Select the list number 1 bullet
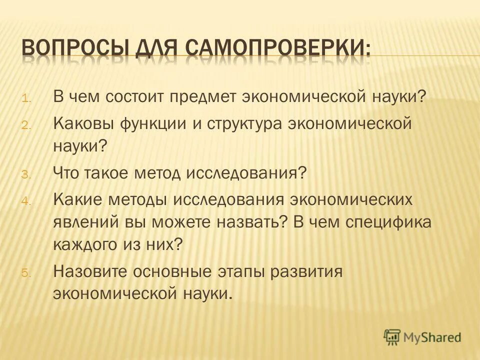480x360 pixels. pyautogui.click(x=26, y=98)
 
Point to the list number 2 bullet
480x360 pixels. pyautogui.click(x=26, y=125)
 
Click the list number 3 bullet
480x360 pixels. pyautogui.click(x=26, y=174)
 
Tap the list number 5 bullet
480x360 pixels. pyautogui.click(x=26, y=273)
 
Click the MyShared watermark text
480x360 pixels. pyautogui.click(x=433, y=337)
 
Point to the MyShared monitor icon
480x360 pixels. pyautogui.click(x=392, y=337)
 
